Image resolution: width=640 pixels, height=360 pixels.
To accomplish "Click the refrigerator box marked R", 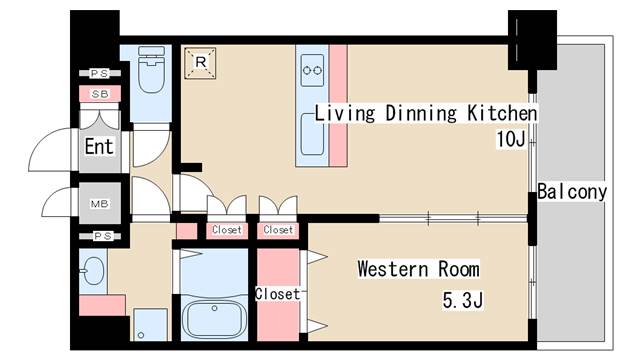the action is pos(200,63).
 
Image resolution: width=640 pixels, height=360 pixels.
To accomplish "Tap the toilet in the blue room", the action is pos(151,69).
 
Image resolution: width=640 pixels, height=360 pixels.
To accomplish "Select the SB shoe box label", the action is pos(100,94).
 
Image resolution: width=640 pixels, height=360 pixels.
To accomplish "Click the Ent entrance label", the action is pos(99,147).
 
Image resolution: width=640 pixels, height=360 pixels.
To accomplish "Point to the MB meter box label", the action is pos(100,204).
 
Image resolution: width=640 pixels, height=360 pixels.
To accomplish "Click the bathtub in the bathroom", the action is pos(214,319).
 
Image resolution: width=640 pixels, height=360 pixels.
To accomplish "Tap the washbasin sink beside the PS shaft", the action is pos(93,271).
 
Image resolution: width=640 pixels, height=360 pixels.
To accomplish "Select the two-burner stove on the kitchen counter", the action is pos(312,71).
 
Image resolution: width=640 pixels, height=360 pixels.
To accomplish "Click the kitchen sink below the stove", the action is pos(313,135).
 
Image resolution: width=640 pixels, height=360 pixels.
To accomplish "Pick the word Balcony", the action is pos(572,192).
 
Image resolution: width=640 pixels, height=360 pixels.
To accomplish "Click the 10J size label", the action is pos(510,139).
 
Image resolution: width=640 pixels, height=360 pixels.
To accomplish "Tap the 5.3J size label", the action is pos(463,300).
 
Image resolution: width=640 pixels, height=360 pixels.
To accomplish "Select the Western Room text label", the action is pos(418,269).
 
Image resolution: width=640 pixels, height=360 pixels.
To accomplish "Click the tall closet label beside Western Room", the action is pos(278,293).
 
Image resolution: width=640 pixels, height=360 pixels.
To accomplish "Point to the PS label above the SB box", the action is pos(100,73).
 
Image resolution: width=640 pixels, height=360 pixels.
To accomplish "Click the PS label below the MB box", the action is pos(102,236).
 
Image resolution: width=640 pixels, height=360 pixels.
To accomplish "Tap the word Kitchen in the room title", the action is pos(502,113).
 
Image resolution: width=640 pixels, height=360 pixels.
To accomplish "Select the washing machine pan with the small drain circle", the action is pos(151,325).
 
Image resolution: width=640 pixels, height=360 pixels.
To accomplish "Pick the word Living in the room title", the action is pos(345,114).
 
